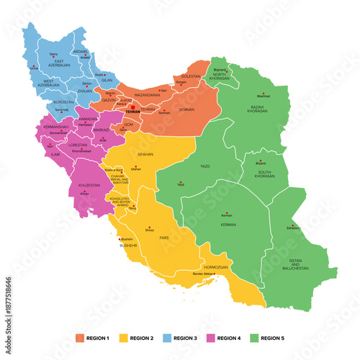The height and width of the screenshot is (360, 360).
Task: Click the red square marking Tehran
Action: coord(132,107)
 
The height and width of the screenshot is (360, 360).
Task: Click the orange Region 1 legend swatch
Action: coord(80,337)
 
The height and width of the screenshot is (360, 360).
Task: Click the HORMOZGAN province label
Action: coord(216,266)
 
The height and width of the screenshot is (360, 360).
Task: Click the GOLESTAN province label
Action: coord(190,76)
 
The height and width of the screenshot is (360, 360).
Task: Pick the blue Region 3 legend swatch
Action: coord(166,337)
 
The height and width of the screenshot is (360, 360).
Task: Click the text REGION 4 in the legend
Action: coord(228,337)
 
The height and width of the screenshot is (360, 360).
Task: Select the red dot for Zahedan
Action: coord(292,225)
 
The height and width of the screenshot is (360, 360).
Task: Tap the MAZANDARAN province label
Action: coord(146,94)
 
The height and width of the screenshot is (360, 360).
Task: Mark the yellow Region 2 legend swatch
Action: coord(123,337)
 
